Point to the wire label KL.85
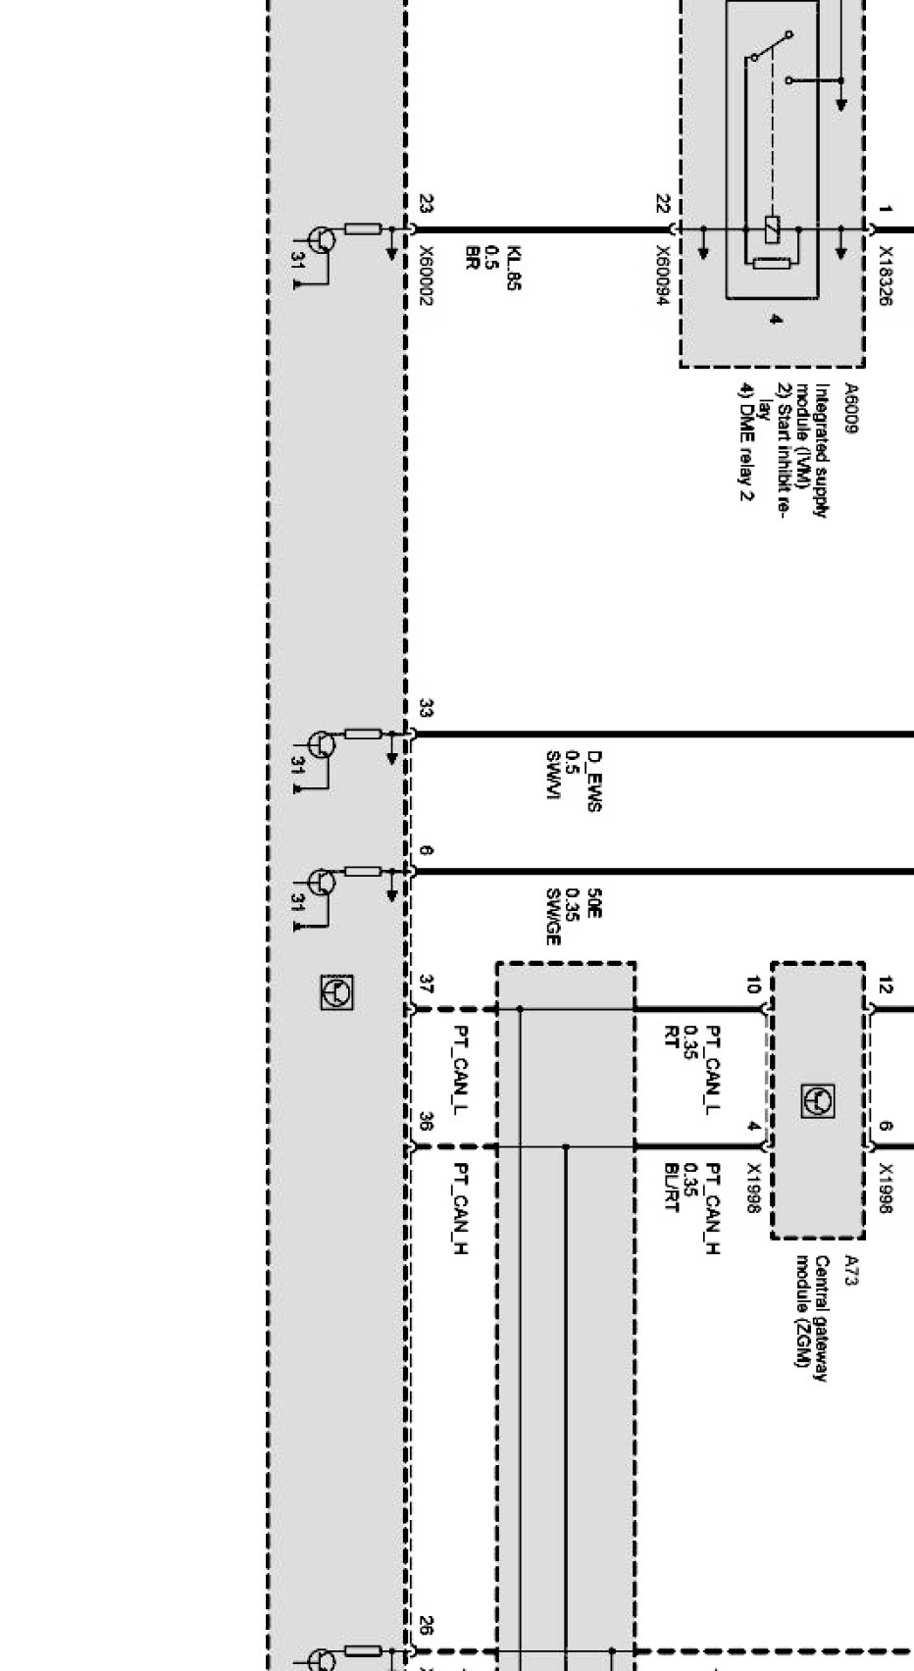515,269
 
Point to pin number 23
426,204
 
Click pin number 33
426,708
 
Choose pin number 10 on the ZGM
753,985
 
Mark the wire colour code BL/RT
672,1187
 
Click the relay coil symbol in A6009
772,229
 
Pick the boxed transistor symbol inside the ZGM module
818,1100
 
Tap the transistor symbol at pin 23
322,239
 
